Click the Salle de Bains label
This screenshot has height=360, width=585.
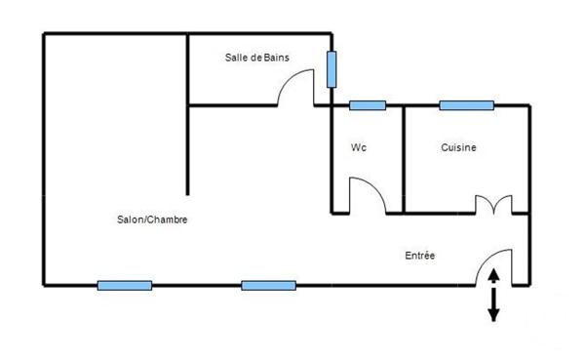[257, 60]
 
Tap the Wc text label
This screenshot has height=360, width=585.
[358, 148]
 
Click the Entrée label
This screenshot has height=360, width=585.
[420, 256]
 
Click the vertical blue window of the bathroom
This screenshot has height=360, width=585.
[332, 68]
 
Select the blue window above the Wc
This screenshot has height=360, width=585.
[368, 105]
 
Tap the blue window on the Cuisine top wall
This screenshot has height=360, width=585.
[465, 105]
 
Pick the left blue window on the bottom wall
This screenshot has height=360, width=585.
[124, 286]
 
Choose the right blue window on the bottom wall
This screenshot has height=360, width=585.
[268, 286]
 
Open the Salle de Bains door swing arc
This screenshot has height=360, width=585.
[294, 90]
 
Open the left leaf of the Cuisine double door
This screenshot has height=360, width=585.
[484, 205]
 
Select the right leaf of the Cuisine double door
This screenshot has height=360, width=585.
[503, 205]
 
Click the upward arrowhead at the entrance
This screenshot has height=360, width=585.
[493, 274]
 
